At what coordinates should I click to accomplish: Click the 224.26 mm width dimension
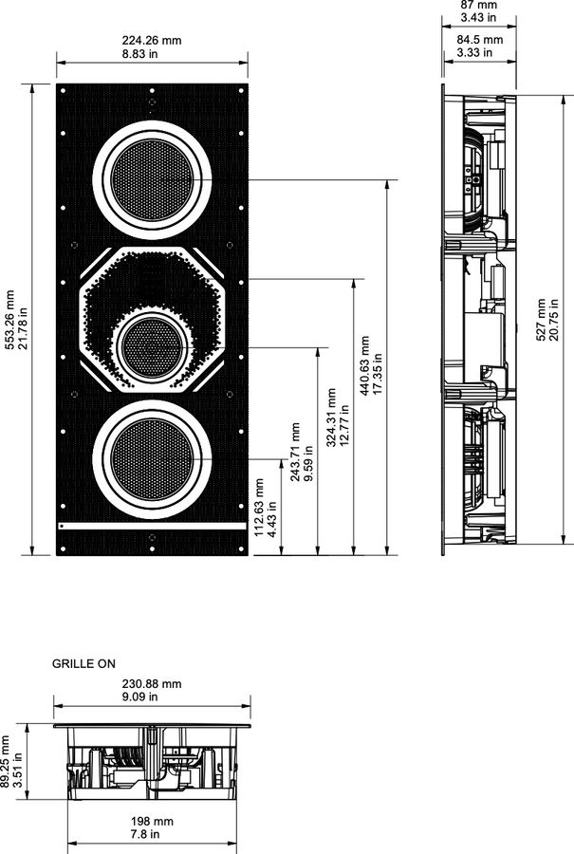[x=152, y=40]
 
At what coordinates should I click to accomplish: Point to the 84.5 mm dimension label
[x=473, y=40]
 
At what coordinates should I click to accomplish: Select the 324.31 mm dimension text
[x=331, y=417]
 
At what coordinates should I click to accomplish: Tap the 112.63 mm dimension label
[x=261, y=508]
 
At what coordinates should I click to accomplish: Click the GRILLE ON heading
[x=83, y=664]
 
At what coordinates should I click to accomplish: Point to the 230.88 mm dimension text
[x=152, y=683]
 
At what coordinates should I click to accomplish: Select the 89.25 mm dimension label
[x=5, y=759]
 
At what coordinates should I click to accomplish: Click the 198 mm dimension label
[x=152, y=821]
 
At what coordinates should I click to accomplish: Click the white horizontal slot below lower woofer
[x=152, y=525]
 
